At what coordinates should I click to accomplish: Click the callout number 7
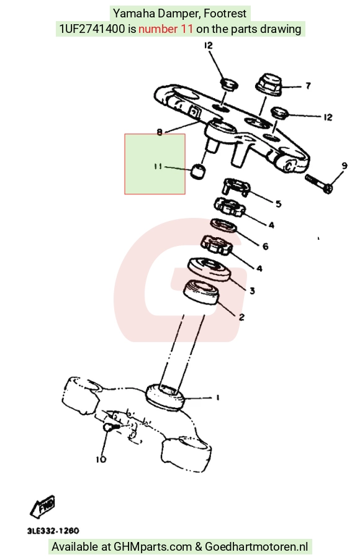coord(308,86)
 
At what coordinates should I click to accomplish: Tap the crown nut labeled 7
coord(269,84)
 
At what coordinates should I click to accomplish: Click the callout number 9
coord(344,166)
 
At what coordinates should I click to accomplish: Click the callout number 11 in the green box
coord(158,166)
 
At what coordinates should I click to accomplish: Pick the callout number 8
coord(160,132)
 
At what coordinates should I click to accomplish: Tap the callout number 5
coord(279,204)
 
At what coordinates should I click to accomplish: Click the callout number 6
coord(266,246)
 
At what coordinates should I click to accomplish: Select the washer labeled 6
coord(223,226)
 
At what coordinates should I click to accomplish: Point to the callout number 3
coord(252,291)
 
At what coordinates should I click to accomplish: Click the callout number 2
coord(241,317)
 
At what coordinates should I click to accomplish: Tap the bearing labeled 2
coord(202,292)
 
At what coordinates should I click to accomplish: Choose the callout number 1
coord(217,397)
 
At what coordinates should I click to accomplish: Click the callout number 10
coord(101,459)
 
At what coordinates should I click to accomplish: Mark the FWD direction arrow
coord(42,506)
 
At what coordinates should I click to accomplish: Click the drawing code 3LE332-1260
coord(53,531)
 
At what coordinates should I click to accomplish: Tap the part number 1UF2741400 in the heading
coord(92,29)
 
